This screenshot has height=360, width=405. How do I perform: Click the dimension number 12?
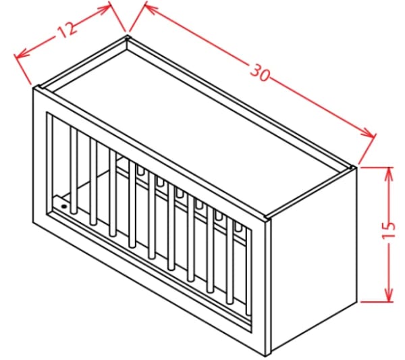pyautogui.click(x=67, y=28)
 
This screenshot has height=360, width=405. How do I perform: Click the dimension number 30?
pyautogui.click(x=260, y=72)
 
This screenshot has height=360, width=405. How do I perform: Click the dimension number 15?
pyautogui.click(x=389, y=230)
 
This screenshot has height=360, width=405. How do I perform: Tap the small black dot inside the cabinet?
pyautogui.click(x=63, y=207)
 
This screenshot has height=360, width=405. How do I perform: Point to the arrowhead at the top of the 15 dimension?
pyautogui.click(x=389, y=174)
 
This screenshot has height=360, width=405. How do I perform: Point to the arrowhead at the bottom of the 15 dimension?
pyautogui.click(x=389, y=295)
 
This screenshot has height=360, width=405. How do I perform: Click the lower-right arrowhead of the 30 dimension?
pyautogui.click(x=369, y=134)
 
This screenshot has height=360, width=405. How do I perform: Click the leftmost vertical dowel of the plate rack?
pyautogui.click(x=74, y=170)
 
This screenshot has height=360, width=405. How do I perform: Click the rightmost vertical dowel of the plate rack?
pyautogui.click(x=248, y=272)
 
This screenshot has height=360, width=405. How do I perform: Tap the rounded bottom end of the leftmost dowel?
pyautogui.click(x=74, y=211)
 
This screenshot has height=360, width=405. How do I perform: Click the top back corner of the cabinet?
pyautogui.click(x=127, y=37)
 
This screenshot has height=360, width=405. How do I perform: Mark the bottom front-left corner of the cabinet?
pyautogui.click(x=33, y=222)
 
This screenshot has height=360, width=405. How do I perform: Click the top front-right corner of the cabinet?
pyautogui.click(x=267, y=219)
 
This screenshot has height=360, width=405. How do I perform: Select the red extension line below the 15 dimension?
pyautogui.click(x=377, y=301)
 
